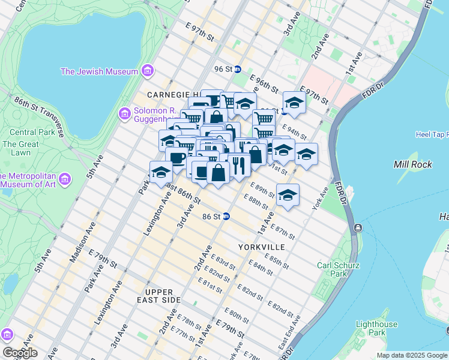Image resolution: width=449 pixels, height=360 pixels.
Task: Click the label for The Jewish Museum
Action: pyautogui.click(x=100, y=71)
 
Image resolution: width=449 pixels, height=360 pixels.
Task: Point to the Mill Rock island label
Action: pyautogui.click(x=412, y=164)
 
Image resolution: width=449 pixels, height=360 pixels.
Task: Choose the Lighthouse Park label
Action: pyautogui.click(x=376, y=328)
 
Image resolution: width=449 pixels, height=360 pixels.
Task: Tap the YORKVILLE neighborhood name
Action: pyautogui.click(x=261, y=247)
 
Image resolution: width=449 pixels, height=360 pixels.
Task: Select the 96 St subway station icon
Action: pyautogui.click(x=237, y=69)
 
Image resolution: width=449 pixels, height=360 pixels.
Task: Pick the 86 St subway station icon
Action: pyautogui.click(x=226, y=216)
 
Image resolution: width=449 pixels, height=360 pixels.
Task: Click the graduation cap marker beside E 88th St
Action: pyautogui.click(x=288, y=195)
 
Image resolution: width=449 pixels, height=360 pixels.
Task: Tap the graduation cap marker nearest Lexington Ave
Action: pyautogui.click(x=161, y=172)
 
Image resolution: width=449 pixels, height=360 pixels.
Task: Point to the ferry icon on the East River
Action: pyautogui.click(x=358, y=227)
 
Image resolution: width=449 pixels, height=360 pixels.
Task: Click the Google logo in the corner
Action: pyautogui.click(x=20, y=353)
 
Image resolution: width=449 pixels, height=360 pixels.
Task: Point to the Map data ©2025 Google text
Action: pyautogui.click(x=411, y=355)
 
